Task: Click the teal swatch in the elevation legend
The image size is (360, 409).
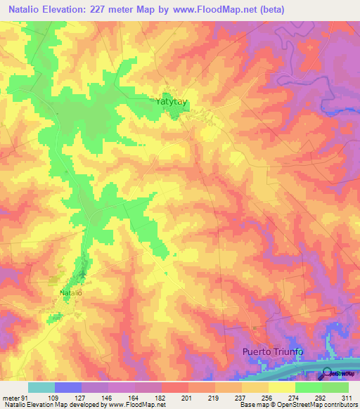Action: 41,387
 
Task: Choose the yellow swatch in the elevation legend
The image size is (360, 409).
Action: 281,387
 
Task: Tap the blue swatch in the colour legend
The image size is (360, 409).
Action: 68,387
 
